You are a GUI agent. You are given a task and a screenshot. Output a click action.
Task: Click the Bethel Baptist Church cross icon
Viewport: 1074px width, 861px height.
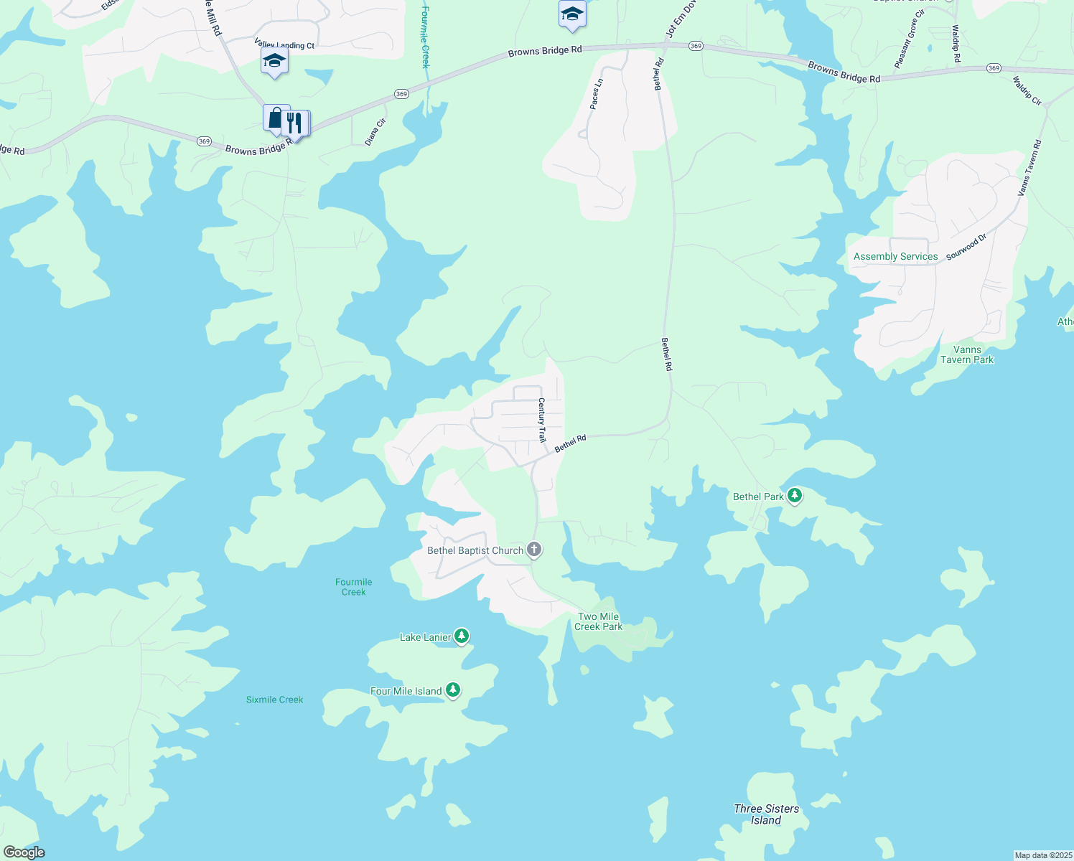[533, 550]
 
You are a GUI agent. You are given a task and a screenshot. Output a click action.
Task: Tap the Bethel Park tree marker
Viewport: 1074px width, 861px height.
[794, 495]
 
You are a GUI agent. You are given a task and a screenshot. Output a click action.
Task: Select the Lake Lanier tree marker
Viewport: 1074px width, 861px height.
[462, 636]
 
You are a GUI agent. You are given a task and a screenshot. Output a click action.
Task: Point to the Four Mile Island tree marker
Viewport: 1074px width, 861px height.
[452, 690]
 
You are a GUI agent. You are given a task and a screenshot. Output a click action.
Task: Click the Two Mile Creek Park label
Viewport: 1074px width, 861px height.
[598, 621]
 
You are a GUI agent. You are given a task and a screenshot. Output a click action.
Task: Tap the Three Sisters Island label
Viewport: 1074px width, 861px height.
[766, 814]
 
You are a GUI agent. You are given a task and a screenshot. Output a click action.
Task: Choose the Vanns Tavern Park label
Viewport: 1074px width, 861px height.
[967, 354]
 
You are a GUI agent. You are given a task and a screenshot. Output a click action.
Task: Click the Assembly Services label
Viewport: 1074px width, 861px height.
[895, 256]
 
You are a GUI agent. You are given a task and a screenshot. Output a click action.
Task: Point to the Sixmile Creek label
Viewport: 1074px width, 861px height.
[274, 700]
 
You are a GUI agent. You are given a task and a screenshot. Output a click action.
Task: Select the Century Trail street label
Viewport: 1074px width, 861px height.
[542, 420]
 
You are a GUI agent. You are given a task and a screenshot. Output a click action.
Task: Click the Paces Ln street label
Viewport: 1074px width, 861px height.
[596, 94]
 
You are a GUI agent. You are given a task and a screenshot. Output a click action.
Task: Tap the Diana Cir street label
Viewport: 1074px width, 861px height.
[375, 132]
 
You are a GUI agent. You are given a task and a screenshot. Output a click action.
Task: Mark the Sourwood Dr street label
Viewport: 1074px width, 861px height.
[966, 247]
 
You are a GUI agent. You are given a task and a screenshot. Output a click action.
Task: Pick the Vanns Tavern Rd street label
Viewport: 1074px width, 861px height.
[1029, 169]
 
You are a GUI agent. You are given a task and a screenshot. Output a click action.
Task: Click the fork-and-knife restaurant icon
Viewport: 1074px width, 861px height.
[294, 123]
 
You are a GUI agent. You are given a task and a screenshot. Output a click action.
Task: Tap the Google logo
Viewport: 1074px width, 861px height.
[24, 852]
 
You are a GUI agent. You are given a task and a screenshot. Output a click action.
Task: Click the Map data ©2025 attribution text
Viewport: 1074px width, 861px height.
[1042, 855]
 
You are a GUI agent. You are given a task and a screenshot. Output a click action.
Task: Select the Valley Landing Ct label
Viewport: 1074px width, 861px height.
[284, 45]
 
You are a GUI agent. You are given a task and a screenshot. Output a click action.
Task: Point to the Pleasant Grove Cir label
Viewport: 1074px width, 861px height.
[910, 44]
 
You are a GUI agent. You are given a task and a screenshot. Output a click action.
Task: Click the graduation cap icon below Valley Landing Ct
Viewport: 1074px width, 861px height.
[274, 61]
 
